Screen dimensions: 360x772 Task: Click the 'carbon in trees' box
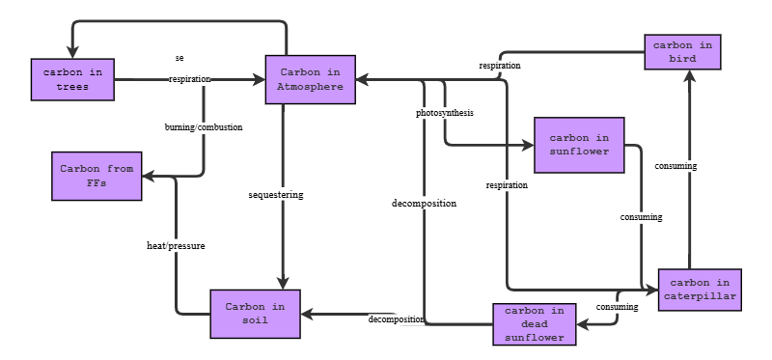(72, 79)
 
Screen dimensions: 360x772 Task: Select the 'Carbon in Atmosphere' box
(311, 79)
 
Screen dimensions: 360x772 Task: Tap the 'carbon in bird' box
(683, 51)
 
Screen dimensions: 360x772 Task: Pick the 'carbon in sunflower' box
(579, 145)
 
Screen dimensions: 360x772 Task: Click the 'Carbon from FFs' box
(96, 176)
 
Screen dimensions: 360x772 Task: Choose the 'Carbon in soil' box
(255, 314)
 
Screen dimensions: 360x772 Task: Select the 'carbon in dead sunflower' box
(535, 324)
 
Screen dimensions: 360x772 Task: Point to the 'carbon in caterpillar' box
(700, 290)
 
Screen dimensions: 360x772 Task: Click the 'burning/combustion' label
(204, 126)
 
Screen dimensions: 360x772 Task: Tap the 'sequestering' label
(275, 195)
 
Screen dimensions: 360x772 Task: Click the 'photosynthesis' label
(445, 113)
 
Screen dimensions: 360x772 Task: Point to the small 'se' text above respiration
(179, 58)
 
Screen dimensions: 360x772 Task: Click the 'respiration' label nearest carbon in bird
(500, 66)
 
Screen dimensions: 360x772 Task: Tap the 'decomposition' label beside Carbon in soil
(396, 319)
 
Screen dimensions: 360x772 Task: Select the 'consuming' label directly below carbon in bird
(675, 166)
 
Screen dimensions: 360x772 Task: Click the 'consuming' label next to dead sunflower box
(617, 307)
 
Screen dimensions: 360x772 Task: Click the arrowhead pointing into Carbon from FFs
(148, 177)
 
